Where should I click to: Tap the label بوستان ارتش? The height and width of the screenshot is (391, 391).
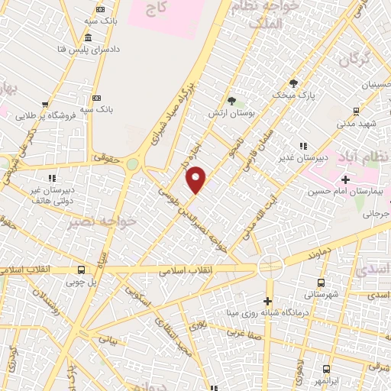coord(231,113)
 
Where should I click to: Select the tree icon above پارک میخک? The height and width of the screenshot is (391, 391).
coord(293,83)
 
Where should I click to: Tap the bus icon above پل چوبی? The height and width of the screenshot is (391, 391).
coord(81,270)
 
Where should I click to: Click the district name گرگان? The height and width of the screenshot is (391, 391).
coord(354,59)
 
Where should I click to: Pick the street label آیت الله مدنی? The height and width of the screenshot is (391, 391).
coord(255,215)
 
